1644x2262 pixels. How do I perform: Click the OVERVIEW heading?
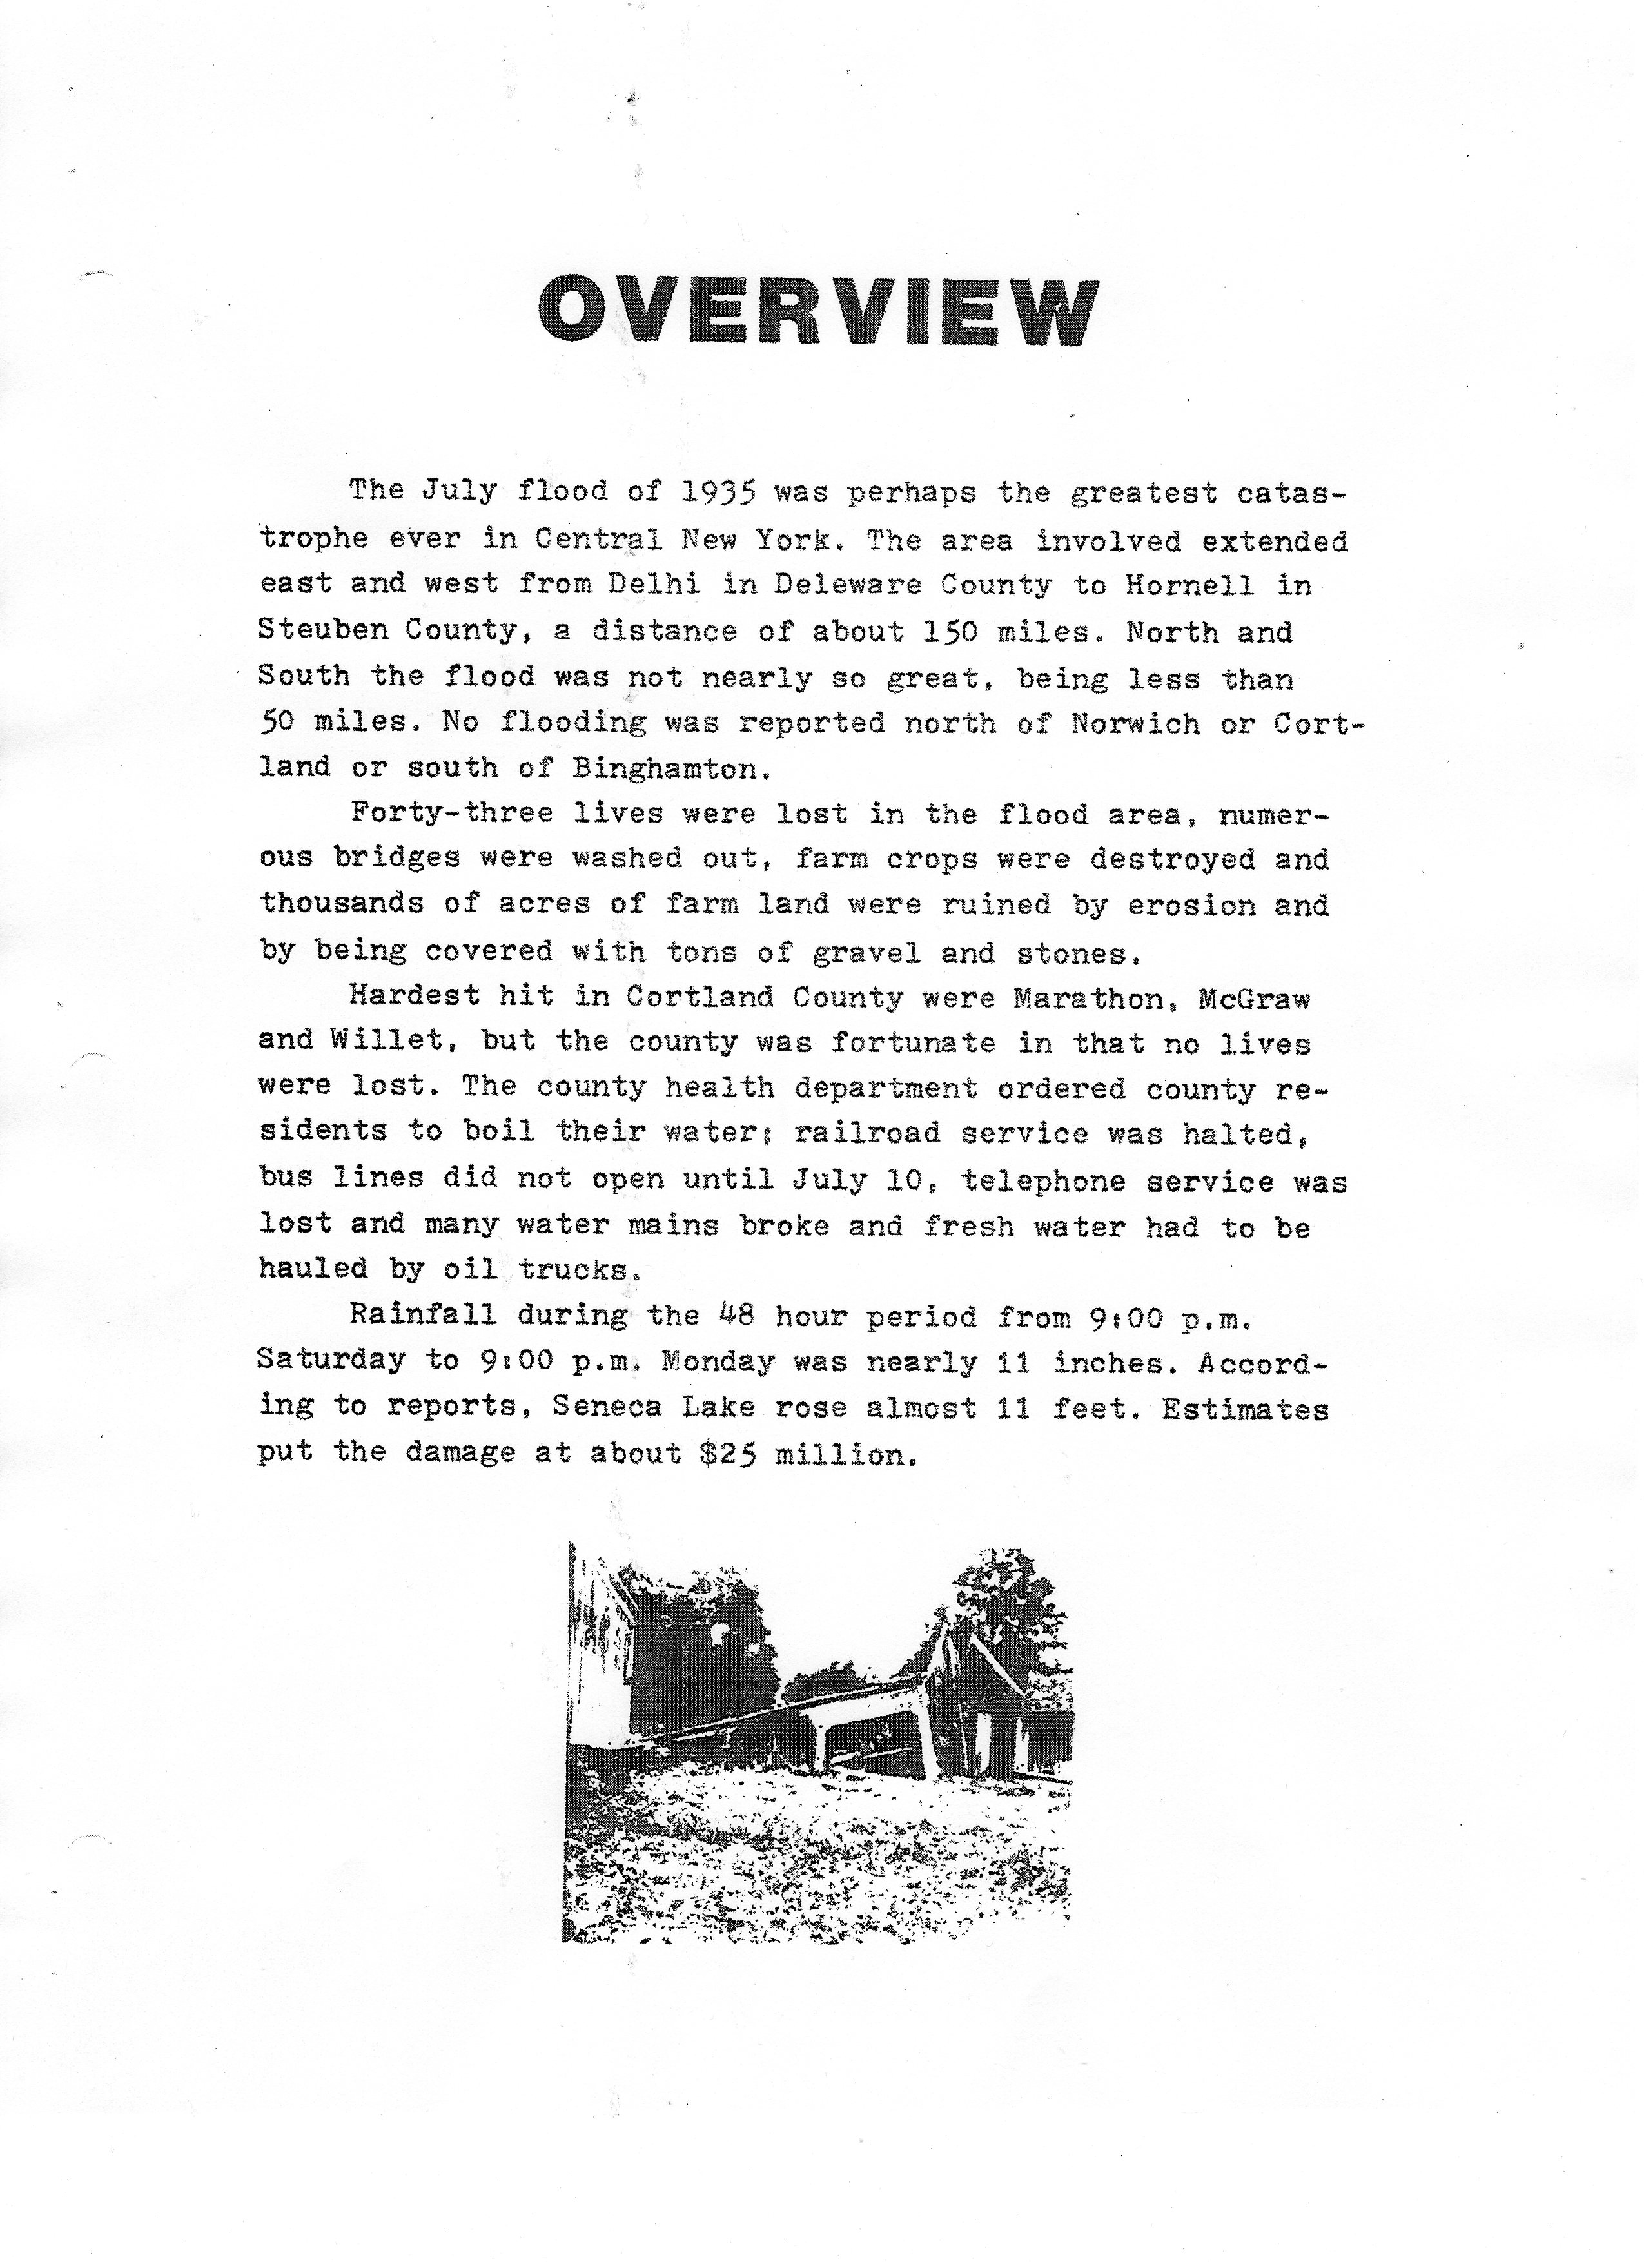tap(817, 311)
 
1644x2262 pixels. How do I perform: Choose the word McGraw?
tap(1255, 997)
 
